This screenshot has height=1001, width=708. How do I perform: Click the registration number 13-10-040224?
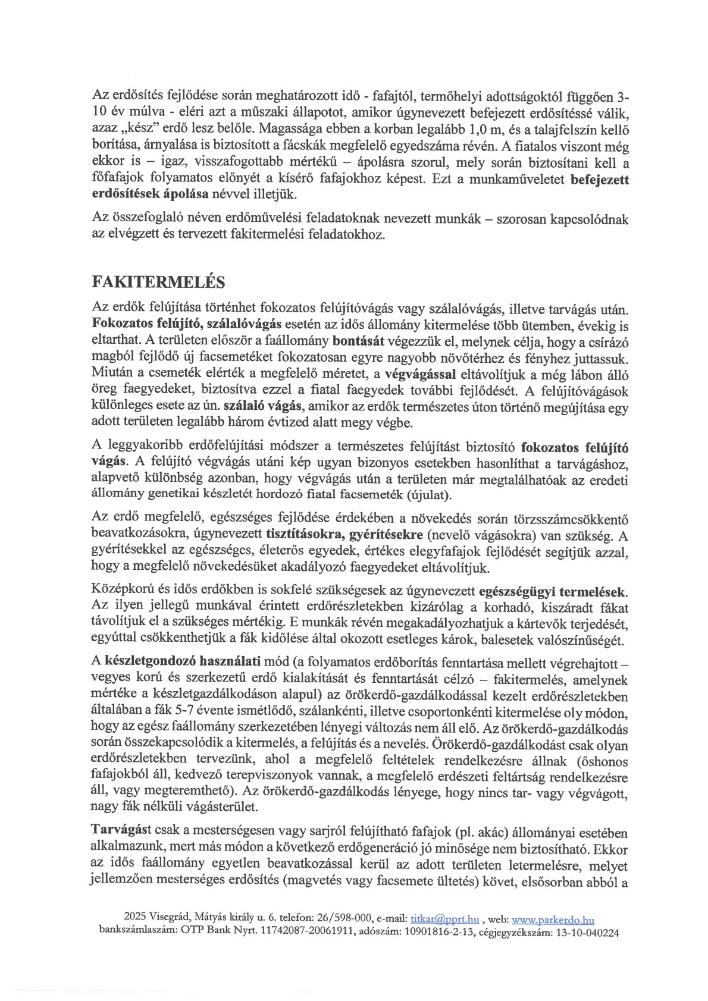tap(586, 933)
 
